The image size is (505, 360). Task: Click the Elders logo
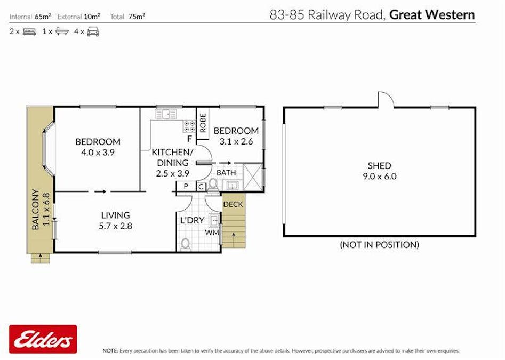[43, 339]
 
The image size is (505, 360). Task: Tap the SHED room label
[379, 166]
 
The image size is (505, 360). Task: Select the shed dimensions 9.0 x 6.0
[379, 176]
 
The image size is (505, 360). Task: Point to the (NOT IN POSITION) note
[379, 245]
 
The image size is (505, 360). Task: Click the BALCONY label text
[36, 209]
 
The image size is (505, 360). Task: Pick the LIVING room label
[116, 215]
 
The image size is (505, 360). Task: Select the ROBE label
[203, 123]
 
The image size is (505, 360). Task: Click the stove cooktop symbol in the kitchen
[189, 126]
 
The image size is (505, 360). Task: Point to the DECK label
[233, 204]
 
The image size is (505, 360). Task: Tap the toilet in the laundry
[185, 244]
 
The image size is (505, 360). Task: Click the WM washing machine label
[212, 233]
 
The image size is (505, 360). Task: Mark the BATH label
[226, 173]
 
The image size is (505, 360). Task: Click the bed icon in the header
[29, 31]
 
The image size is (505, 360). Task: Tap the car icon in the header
[93, 31]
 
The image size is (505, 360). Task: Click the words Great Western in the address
[432, 14]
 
